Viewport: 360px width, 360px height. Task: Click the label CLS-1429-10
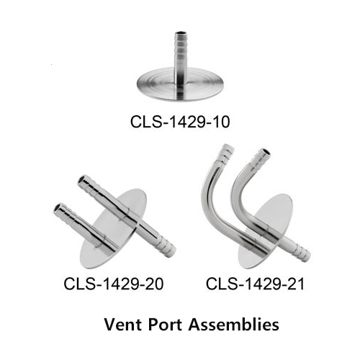click(x=180, y=122)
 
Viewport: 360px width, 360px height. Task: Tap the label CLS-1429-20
click(x=114, y=284)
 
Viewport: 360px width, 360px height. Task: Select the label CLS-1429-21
click(x=255, y=284)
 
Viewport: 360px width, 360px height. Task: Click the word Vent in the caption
click(x=122, y=325)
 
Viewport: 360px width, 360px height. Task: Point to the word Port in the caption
click(x=165, y=325)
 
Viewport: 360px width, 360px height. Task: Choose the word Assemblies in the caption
click(x=233, y=325)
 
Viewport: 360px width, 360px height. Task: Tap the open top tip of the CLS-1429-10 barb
click(x=180, y=33)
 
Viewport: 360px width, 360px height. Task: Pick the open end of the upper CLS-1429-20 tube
click(x=81, y=179)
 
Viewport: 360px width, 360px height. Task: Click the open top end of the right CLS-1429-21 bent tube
click(x=265, y=152)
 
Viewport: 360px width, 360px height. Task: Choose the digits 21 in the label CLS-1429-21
click(x=296, y=284)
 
